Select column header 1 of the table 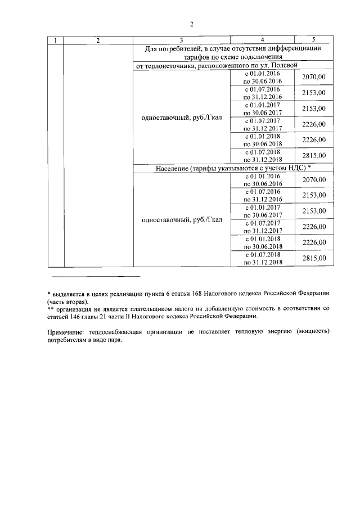click(x=55, y=40)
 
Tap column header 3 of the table click(x=181, y=40)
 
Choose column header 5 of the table click(x=313, y=39)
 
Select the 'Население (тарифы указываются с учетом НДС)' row click(x=231, y=169)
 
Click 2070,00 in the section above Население click(x=314, y=77)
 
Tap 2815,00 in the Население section click(x=314, y=258)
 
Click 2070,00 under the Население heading click(x=314, y=180)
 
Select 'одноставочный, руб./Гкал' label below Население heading click(x=182, y=219)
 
